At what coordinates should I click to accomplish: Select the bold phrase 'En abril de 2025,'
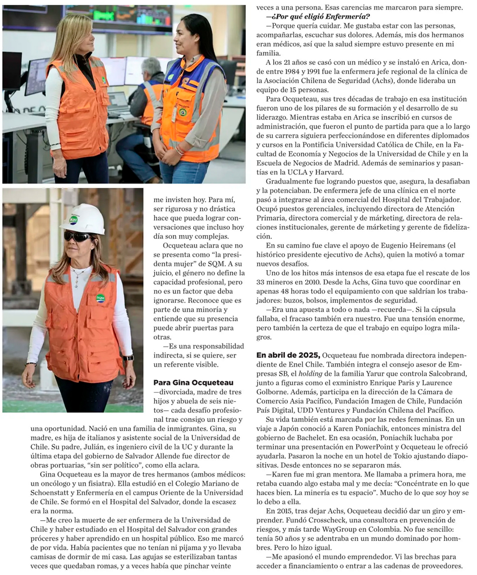tap(288, 355)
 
